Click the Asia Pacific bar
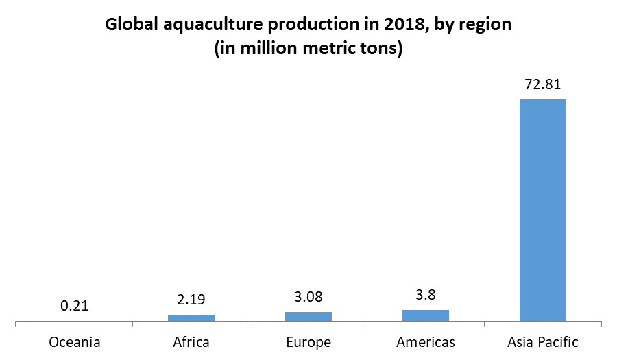(543, 210)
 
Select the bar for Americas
(426, 315)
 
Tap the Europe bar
(308, 316)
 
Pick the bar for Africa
(191, 317)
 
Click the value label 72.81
(543, 86)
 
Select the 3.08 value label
(308, 298)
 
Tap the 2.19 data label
(191, 300)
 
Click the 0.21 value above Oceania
(74, 306)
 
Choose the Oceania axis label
(75, 341)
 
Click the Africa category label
(191, 341)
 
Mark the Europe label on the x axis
(308, 341)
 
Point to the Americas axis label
(426, 341)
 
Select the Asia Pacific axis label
(543, 341)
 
